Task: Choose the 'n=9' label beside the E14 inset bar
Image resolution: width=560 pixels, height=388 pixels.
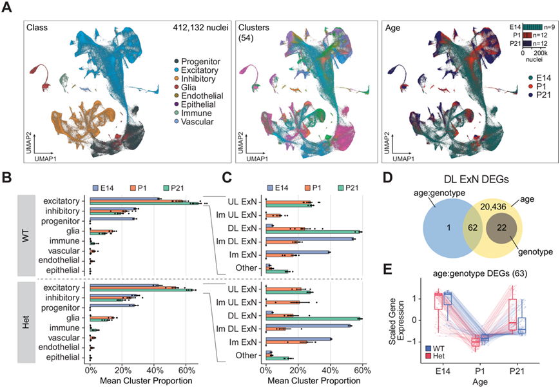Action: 549,26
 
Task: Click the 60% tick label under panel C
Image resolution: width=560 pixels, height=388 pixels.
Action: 362,370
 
